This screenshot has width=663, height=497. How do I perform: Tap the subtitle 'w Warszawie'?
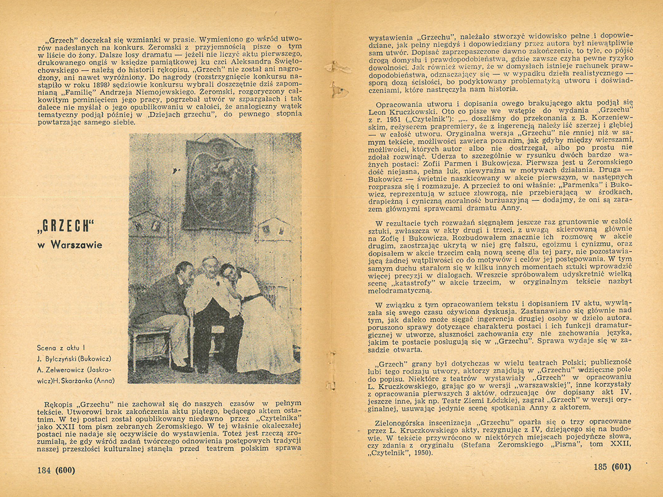click(70, 244)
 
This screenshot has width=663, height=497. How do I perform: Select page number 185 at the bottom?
click(600, 466)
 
